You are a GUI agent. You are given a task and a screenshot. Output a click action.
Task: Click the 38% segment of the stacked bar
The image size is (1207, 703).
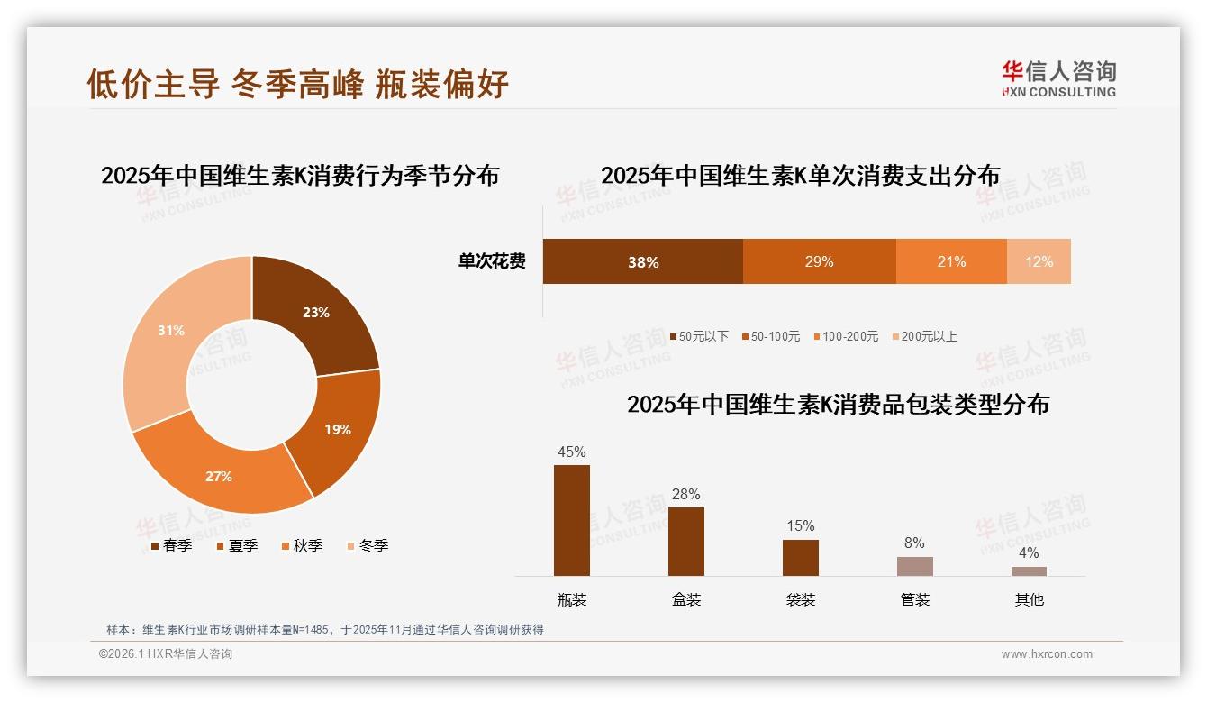tap(643, 262)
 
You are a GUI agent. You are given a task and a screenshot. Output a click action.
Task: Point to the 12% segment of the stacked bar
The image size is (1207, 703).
tap(1039, 262)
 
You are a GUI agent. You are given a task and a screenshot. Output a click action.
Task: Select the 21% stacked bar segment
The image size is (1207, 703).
tap(951, 262)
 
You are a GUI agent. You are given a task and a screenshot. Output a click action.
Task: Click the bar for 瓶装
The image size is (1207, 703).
tap(572, 521)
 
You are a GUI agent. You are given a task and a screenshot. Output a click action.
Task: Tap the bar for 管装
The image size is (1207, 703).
tap(915, 566)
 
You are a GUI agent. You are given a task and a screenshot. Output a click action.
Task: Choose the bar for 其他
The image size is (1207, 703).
tap(1029, 571)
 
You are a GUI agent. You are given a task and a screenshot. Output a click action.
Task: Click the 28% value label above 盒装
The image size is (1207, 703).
tap(685, 494)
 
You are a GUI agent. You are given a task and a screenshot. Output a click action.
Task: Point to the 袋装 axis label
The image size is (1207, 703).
tap(800, 599)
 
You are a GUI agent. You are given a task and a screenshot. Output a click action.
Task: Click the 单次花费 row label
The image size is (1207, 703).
tap(492, 262)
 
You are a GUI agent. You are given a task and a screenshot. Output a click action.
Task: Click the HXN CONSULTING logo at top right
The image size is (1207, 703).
tap(1058, 79)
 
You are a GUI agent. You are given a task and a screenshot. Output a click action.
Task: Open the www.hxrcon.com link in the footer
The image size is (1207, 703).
tap(1047, 654)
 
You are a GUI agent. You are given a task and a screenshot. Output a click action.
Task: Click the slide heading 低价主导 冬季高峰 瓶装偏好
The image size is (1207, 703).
tap(298, 84)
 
